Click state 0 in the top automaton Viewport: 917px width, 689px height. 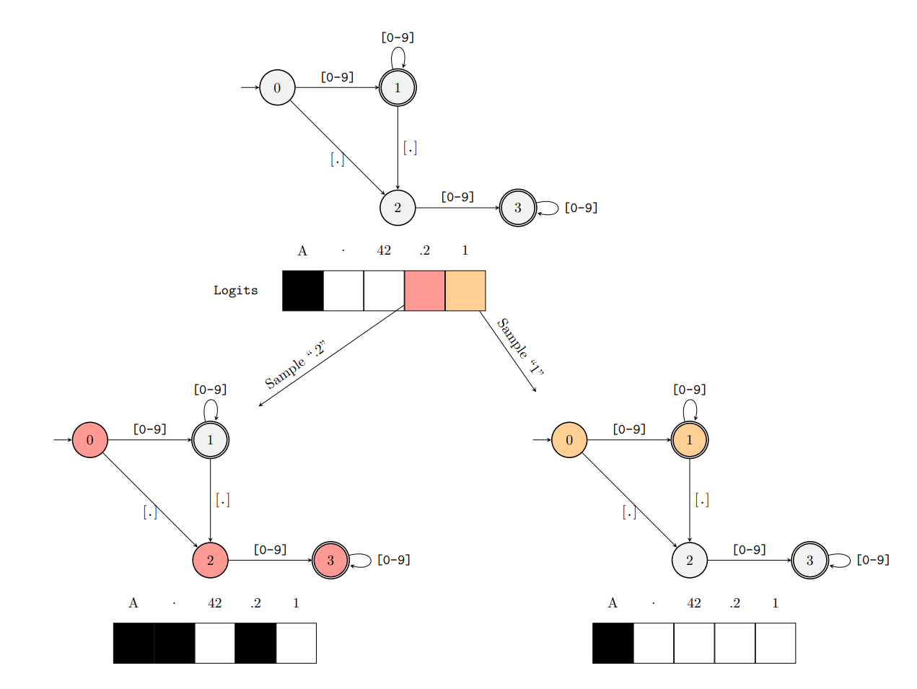pyautogui.click(x=277, y=88)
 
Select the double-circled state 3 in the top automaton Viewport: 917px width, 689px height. pyautogui.click(x=517, y=208)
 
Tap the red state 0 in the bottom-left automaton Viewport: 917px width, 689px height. pyautogui.click(x=89, y=440)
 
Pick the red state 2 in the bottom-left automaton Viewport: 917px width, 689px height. pyautogui.click(x=210, y=560)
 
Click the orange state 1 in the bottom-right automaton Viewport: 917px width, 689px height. pyautogui.click(x=689, y=440)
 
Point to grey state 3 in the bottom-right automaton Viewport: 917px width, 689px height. pyautogui.click(x=809, y=560)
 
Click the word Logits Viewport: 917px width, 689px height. pyautogui.click(x=235, y=290)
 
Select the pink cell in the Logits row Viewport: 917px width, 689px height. pyautogui.click(x=424, y=291)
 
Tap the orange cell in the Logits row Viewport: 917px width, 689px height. pyautogui.click(x=465, y=291)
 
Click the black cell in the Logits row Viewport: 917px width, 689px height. pyautogui.click(x=302, y=291)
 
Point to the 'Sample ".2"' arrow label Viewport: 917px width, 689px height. pyautogui.click(x=295, y=364)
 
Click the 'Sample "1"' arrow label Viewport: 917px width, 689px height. pyautogui.click(x=520, y=347)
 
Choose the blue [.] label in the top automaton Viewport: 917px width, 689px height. pyautogui.click(x=337, y=159)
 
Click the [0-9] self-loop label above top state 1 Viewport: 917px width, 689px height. pyautogui.click(x=398, y=38)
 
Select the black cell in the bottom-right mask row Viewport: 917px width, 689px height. pyautogui.click(x=613, y=643)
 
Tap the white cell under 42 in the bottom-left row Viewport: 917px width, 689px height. pyautogui.click(x=214, y=643)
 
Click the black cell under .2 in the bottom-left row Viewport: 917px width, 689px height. pyautogui.click(x=255, y=643)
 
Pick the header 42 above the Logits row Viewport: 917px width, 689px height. pyautogui.click(x=384, y=250)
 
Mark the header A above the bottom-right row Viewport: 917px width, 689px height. pyautogui.click(x=613, y=603)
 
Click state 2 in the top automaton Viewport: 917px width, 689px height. pyautogui.click(x=398, y=208)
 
